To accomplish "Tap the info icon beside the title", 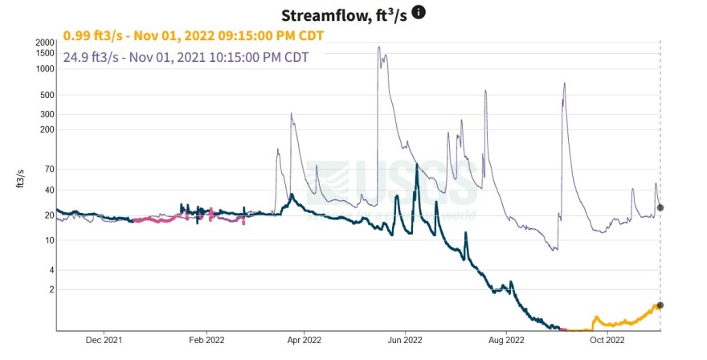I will point(419,12).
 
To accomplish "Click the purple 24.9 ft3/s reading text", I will point(186,57).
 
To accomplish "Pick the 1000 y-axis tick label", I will point(45,69).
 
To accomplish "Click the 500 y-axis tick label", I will point(47,95).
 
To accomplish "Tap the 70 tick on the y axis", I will point(50,170).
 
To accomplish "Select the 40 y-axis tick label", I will point(50,190).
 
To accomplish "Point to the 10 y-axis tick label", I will point(50,241).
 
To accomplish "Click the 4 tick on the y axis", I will point(52,269).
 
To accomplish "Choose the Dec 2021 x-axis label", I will point(104,340).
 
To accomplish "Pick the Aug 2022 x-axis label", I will point(506,340).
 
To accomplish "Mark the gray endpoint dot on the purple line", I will point(660,207).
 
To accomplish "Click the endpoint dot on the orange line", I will point(660,305).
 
